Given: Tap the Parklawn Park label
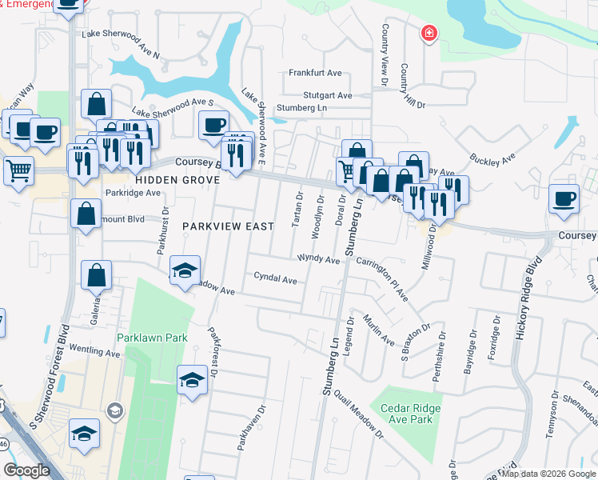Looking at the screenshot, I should [x=152, y=338].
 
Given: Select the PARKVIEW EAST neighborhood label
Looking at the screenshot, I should [x=228, y=226].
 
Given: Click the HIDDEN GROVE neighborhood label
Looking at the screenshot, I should [x=177, y=181].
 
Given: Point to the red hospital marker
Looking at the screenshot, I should [x=429, y=33].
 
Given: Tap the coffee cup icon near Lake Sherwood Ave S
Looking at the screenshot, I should [x=214, y=125].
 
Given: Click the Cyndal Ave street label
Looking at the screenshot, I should [x=275, y=280].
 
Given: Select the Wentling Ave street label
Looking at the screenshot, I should [x=94, y=350].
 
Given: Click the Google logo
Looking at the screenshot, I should [x=26, y=470].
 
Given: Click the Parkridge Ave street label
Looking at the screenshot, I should [x=133, y=193].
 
